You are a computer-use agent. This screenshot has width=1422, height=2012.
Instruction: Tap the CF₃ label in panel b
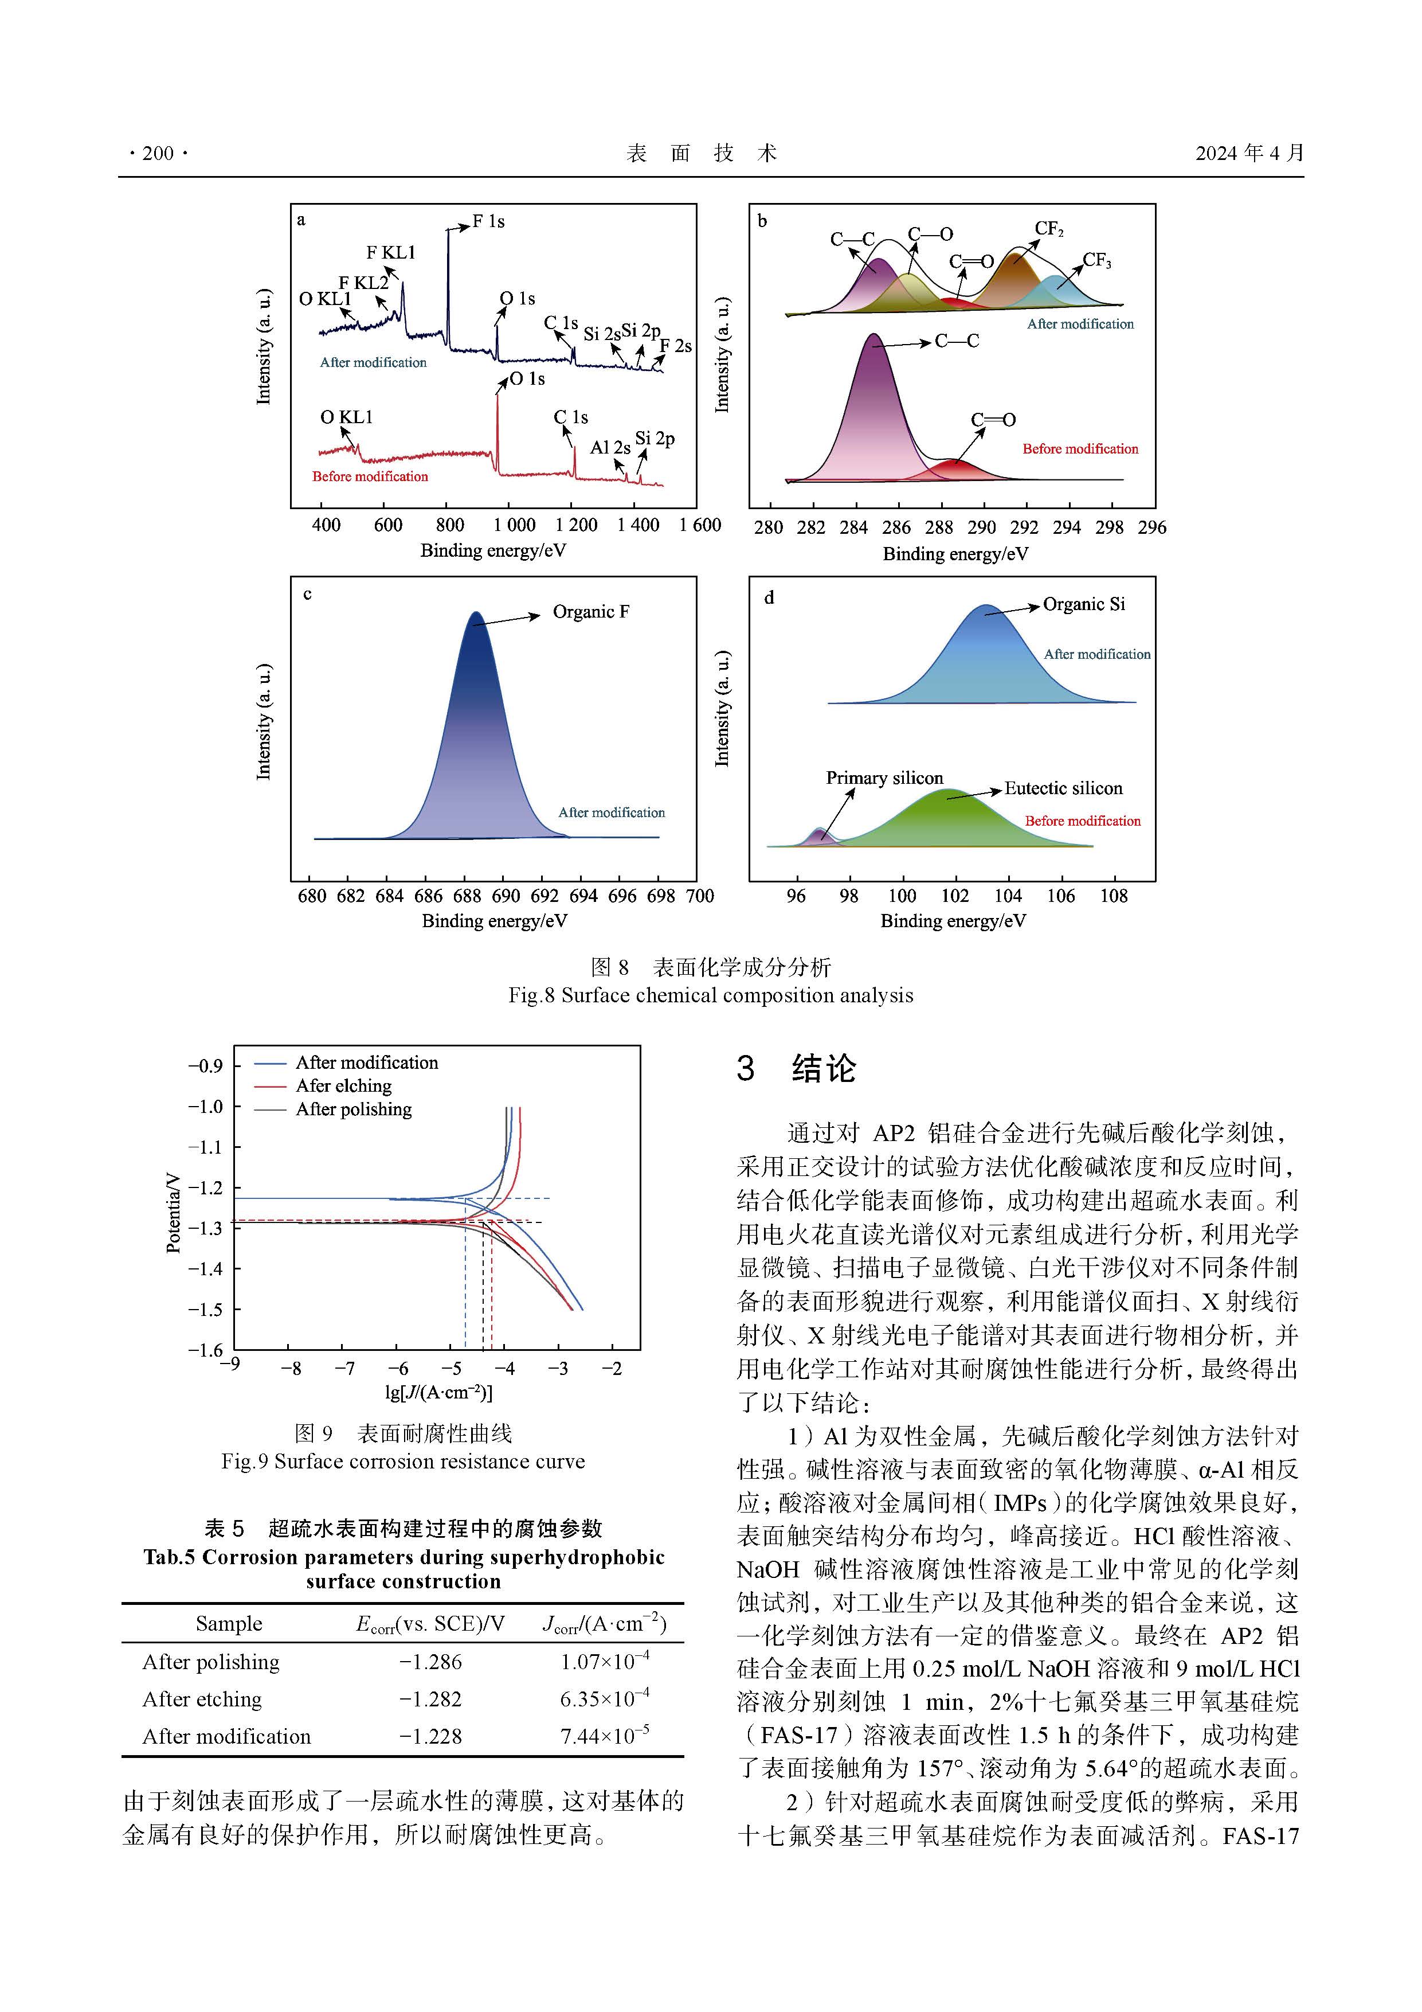click(1097, 260)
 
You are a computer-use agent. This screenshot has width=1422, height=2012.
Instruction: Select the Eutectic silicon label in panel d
click(1063, 788)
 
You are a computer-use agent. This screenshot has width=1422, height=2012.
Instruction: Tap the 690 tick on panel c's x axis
click(506, 896)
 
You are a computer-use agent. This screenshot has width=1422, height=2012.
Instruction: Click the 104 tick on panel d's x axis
click(1008, 896)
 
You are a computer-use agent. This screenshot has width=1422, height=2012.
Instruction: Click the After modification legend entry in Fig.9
click(366, 1062)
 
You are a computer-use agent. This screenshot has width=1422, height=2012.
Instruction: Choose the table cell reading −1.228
click(430, 1736)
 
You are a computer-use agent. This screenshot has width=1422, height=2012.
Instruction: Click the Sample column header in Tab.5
click(229, 1624)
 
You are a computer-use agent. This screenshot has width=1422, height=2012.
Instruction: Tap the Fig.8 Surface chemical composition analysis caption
click(711, 995)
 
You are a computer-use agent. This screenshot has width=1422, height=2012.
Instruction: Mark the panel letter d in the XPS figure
click(769, 597)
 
